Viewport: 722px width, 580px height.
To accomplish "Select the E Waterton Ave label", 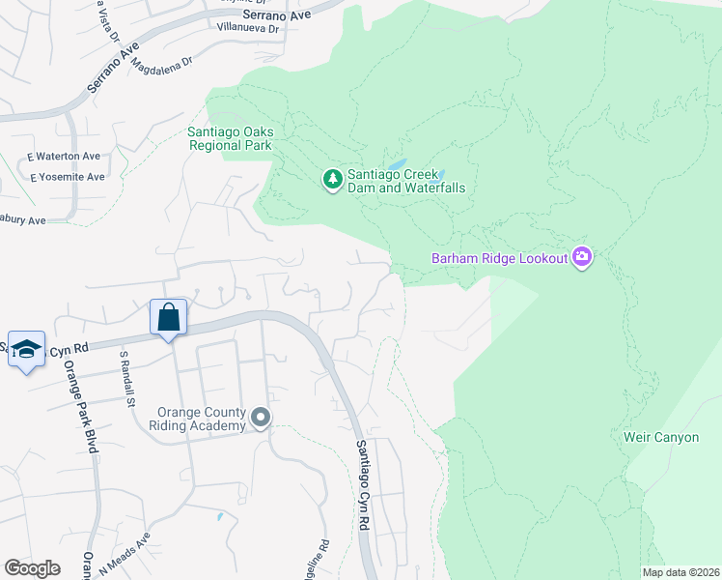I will [64, 156].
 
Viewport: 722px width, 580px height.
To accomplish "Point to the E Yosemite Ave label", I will [67, 177].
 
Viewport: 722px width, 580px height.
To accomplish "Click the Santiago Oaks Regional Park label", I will [230, 139].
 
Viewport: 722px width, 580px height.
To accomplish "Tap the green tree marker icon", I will [332, 179].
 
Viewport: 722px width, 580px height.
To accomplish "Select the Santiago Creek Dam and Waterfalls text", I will [406, 181].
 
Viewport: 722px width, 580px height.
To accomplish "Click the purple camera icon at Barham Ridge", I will [582, 257].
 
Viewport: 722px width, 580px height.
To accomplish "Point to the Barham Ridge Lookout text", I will [499, 258].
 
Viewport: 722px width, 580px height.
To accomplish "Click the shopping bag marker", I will [168, 318].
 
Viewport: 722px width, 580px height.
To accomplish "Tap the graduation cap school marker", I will [27, 348].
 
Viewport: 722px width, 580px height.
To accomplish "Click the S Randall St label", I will [124, 378].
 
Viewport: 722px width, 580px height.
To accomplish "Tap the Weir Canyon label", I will [661, 437].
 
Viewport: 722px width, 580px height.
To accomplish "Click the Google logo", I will [32, 568].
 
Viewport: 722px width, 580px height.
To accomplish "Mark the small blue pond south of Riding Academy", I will [220, 517].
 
